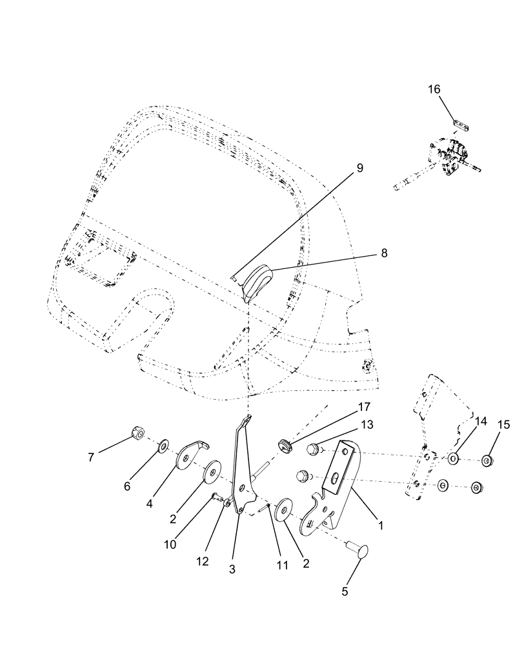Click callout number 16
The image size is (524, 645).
pyautogui.click(x=434, y=89)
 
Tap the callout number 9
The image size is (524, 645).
pyautogui.click(x=359, y=168)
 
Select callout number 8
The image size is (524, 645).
pyautogui.click(x=384, y=253)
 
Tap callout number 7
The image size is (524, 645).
pyautogui.click(x=92, y=457)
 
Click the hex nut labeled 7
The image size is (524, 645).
pyautogui.click(x=137, y=432)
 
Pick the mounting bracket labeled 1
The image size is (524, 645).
pyautogui.click(x=339, y=484)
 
